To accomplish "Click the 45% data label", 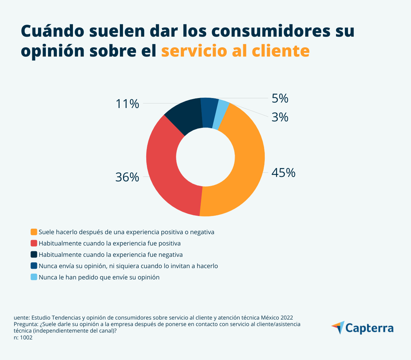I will pos(283,173).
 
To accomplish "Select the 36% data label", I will pos(127,177).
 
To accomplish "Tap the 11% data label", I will pos(127,104).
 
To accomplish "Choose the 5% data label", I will pos(280,99).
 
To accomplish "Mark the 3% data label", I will pos(280,117).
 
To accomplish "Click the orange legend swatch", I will pos(34,232).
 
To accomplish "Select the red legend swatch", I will pos(34,243).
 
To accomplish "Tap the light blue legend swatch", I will pos(34,277).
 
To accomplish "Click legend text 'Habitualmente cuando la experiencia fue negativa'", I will pos(111,255).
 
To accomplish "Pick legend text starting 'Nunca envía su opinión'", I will pos(128,266).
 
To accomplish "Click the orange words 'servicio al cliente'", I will pos(235,51).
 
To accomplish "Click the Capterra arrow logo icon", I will pos(338,327).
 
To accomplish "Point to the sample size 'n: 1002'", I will pos(23,338).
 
